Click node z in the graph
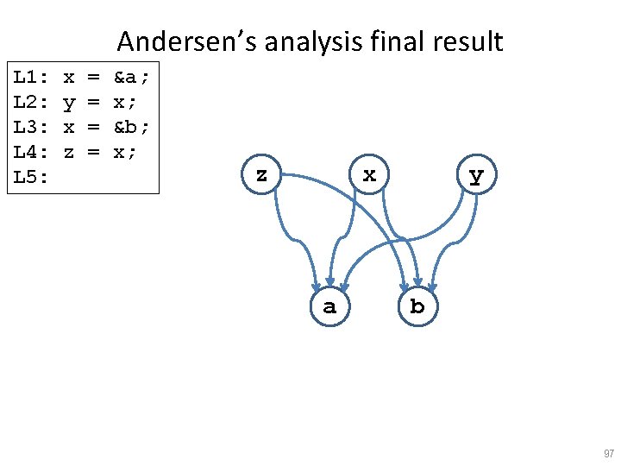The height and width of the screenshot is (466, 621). coord(261,175)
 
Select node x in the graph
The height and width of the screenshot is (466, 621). coord(369,175)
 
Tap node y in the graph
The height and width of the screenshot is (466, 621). coord(475,176)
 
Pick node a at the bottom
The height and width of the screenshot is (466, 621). coord(329,306)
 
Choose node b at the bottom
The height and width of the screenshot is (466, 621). coord(417,306)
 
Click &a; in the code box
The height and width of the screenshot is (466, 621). coord(131,78)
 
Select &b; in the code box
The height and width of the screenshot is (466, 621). coord(131,127)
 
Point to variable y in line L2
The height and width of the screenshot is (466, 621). coord(68,104)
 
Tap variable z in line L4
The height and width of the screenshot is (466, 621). coord(68,152)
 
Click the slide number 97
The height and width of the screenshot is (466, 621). coord(609,454)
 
